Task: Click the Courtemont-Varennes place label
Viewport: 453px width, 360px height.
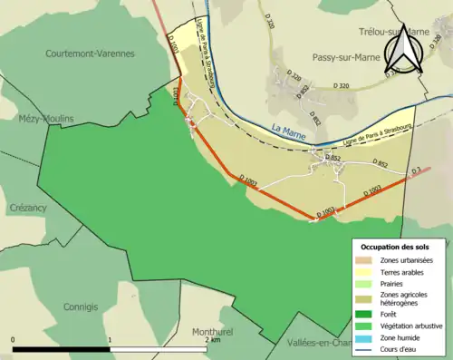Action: tap(90, 54)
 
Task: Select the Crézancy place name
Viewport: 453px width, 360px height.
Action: tap(29, 206)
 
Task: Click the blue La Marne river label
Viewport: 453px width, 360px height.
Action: tap(289, 131)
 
